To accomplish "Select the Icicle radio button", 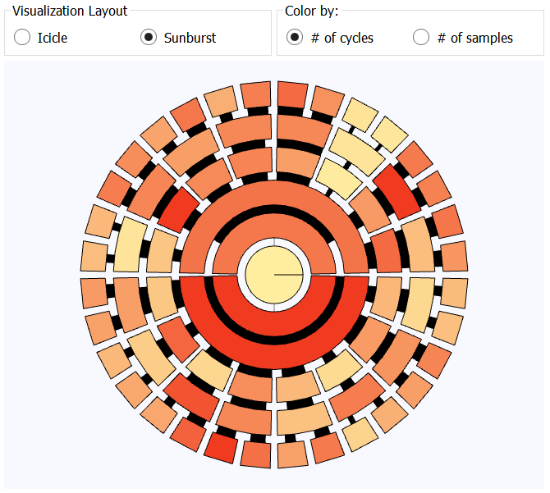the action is coord(22,38).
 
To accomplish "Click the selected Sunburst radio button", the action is coord(149,38).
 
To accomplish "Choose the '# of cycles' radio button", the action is coord(294,38).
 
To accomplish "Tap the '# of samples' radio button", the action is coord(421,38).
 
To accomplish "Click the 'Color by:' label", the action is coord(312,12).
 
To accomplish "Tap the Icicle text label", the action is coord(53,38).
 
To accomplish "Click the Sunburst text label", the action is coord(190,38).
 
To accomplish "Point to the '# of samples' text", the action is coord(475,38).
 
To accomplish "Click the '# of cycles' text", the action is coord(342,38).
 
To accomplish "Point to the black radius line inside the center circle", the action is coord(288,274).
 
